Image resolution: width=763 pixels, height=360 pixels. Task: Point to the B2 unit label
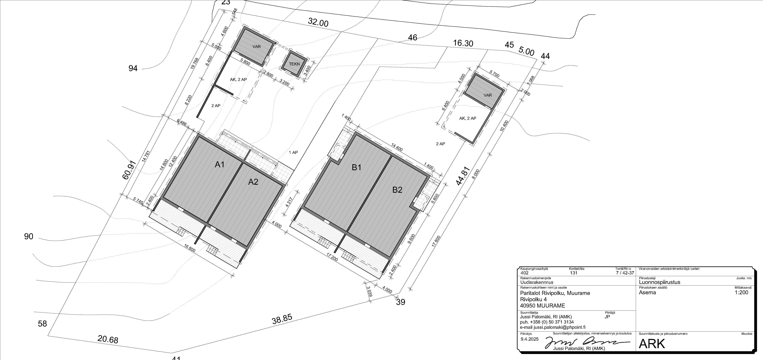pyautogui.click(x=397, y=190)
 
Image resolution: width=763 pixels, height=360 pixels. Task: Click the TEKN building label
pyautogui.click(x=294, y=64)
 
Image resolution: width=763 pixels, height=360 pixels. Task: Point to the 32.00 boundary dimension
pyautogui.click(x=318, y=22)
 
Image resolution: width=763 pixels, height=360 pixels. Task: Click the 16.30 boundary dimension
pyautogui.click(x=463, y=43)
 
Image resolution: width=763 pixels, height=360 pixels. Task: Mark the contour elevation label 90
pyautogui.click(x=29, y=236)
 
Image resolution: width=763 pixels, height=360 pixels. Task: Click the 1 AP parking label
pyautogui.click(x=293, y=153)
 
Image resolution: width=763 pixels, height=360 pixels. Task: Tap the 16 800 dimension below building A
pyautogui.click(x=190, y=248)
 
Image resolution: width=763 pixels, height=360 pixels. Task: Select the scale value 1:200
pyautogui.click(x=741, y=292)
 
